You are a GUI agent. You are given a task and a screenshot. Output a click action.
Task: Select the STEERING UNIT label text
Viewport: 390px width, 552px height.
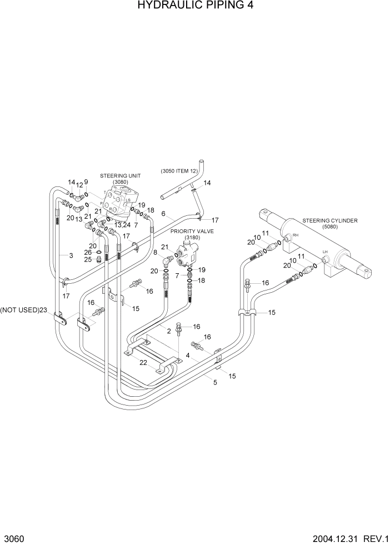tap(121, 175)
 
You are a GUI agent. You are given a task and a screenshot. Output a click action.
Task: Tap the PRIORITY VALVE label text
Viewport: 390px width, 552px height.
tap(193, 230)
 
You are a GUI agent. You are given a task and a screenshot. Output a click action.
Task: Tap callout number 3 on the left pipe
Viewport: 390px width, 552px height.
tap(71, 255)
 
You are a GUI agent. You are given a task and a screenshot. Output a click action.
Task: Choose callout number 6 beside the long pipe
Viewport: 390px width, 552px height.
tap(163, 213)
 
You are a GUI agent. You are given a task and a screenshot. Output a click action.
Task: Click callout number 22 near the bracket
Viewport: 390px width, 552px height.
tap(144, 363)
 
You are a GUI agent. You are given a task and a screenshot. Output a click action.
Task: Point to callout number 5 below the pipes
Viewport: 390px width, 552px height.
tap(214, 382)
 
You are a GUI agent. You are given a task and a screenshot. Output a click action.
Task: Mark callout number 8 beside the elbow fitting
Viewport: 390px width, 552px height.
tap(155, 252)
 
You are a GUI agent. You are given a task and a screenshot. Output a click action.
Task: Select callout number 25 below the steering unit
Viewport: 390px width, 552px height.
tap(88, 259)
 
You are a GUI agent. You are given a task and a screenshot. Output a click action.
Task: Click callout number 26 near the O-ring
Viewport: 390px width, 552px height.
tap(88, 252)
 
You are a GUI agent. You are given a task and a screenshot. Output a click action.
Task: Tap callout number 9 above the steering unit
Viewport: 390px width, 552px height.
tap(86, 182)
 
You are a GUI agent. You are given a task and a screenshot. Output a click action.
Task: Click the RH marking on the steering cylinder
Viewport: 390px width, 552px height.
tap(295, 235)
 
